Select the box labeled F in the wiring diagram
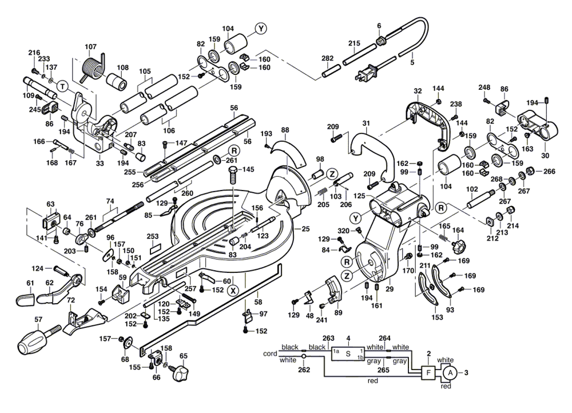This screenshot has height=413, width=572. (x=427, y=373)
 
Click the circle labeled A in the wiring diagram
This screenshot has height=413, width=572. (x=449, y=373)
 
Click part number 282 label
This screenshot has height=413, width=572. (x=328, y=59)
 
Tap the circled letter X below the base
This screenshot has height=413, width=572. (x=233, y=290)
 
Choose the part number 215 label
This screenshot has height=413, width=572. (x=354, y=43)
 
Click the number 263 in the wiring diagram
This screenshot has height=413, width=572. (x=328, y=338)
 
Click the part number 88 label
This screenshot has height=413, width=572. (x=285, y=130)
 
